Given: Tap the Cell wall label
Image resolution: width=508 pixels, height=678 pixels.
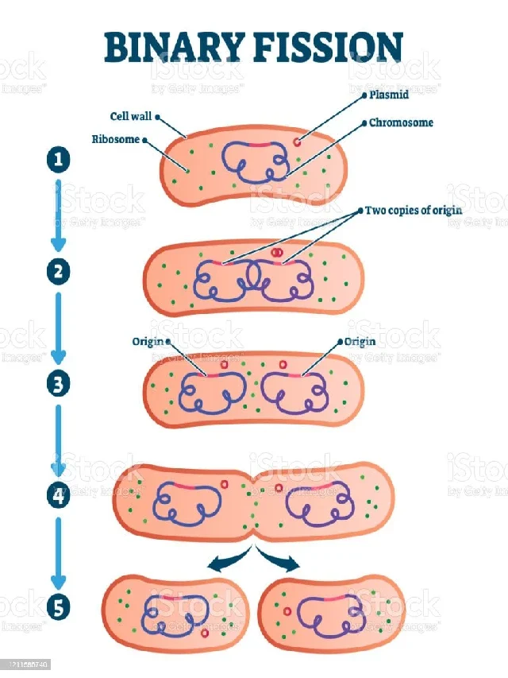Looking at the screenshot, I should coord(130,116).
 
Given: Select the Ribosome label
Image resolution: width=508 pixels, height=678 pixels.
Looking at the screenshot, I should coord(115,139).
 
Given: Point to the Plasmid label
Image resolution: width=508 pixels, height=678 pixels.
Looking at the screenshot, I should coord(389,95).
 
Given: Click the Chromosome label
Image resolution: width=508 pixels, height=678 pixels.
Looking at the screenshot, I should coord(401,123).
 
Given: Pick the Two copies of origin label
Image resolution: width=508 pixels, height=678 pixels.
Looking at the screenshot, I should coord(413,211).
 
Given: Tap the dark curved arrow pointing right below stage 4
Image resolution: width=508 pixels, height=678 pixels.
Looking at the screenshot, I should coord(281,561).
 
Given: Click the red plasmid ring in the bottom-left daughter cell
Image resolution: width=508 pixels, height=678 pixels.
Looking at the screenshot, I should coord(205,633).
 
